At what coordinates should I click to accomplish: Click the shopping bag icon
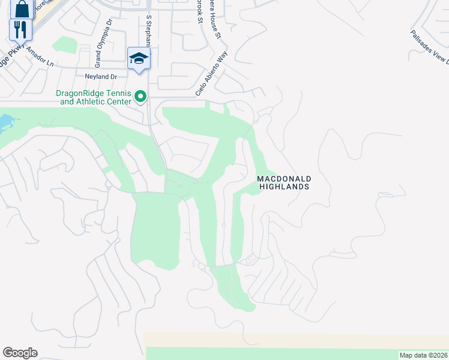click(x=22, y=8)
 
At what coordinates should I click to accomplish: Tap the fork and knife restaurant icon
click(x=20, y=29)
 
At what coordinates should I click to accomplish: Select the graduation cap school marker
click(x=139, y=58)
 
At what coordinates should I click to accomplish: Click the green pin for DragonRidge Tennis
click(x=141, y=96)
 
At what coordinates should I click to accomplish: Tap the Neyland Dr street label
click(x=101, y=77)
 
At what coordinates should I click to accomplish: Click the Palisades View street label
click(x=430, y=47)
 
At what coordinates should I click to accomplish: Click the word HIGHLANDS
click(x=284, y=187)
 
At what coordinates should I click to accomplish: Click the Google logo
click(x=20, y=353)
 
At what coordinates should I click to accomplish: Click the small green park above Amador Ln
click(x=61, y=45)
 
